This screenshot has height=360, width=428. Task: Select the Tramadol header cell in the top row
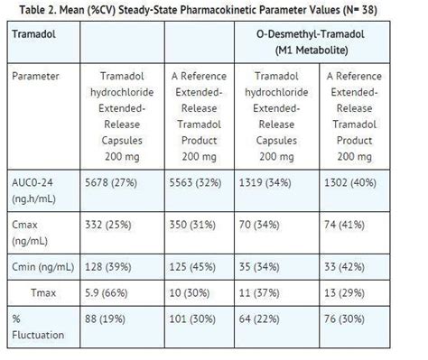(x=35, y=33)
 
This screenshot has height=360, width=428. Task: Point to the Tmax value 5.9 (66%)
(x=110, y=294)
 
